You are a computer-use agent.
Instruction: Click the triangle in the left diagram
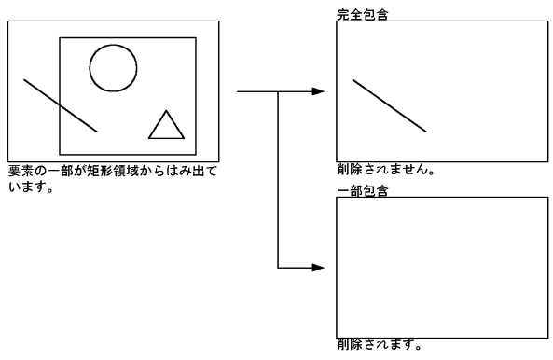pyautogui.click(x=166, y=127)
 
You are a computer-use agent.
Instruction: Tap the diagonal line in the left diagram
pyautogui.click(x=60, y=105)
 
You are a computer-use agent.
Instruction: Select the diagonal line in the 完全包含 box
pyautogui.click(x=389, y=105)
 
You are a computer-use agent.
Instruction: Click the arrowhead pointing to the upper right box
pyautogui.click(x=318, y=91)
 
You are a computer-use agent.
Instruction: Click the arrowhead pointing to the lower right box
pyautogui.click(x=318, y=268)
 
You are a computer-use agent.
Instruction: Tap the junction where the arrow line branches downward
pyautogui.click(x=279, y=91)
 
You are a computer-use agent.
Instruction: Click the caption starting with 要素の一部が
pyautogui.click(x=112, y=171)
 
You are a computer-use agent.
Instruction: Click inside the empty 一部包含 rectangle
pyautogui.click(x=441, y=267)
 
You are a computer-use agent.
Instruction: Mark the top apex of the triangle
pyautogui.click(x=166, y=111)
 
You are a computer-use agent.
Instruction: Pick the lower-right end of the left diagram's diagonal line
pyautogui.click(x=96, y=131)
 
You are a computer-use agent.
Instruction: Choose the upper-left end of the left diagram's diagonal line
pyautogui.click(x=24, y=80)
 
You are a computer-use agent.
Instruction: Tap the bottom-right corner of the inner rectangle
pyautogui.click(x=196, y=154)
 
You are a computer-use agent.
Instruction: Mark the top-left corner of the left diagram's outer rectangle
pyautogui.click(x=8, y=21)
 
